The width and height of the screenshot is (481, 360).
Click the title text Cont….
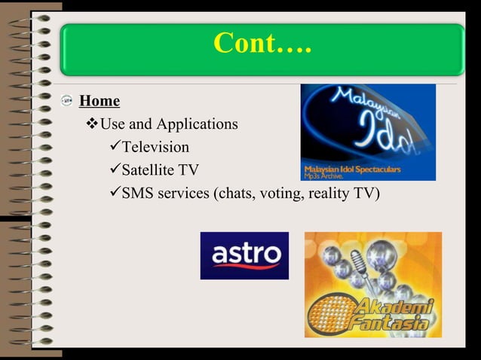262,44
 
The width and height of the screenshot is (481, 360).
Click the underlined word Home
100,100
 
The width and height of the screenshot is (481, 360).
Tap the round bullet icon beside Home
66,101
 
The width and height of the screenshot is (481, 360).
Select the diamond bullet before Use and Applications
93,124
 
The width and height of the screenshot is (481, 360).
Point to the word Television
155,147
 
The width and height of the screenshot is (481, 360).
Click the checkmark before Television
114,147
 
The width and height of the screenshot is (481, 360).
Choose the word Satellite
149,170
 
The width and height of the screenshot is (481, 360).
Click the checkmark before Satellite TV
114,170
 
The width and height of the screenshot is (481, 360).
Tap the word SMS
138,194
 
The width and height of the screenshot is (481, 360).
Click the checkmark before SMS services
114,194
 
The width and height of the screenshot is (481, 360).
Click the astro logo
244,256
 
